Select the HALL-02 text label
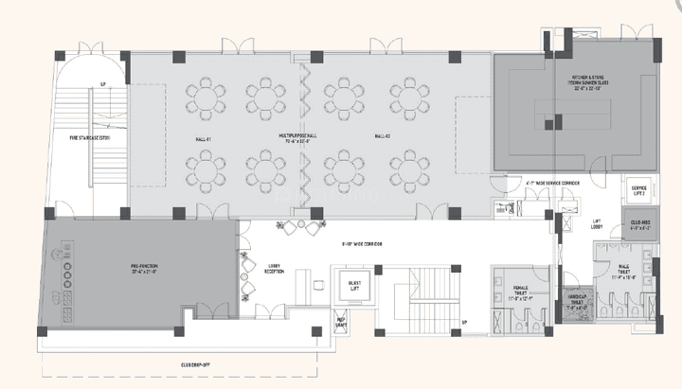383,137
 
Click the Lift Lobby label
598,224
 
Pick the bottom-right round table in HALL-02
407,168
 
